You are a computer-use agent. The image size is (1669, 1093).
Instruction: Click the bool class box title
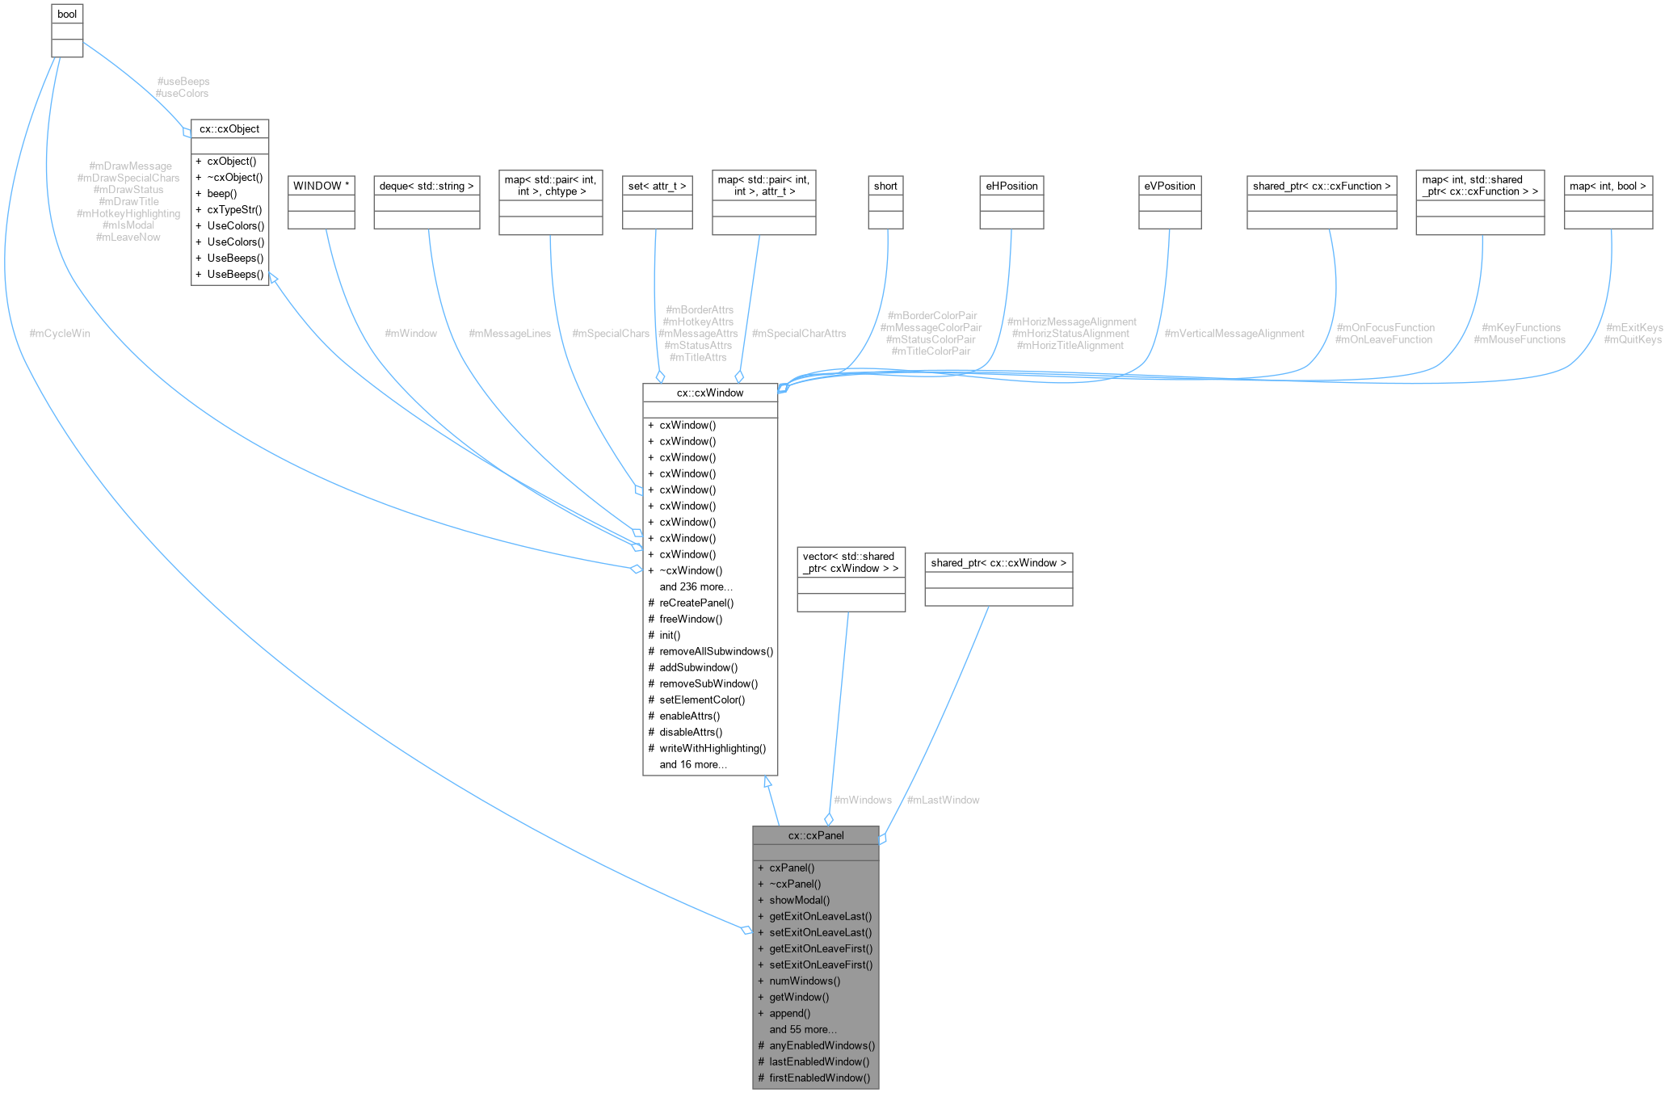tap(67, 15)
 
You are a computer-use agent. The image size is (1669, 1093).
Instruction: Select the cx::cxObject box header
tap(229, 129)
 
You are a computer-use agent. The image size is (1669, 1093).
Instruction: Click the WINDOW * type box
tap(322, 186)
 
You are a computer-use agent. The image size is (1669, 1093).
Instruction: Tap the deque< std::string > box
tap(427, 186)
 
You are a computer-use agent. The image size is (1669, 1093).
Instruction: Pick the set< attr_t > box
tap(657, 186)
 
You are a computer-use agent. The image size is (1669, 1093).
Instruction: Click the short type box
tap(885, 186)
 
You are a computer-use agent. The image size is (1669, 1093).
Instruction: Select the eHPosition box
tap(1011, 186)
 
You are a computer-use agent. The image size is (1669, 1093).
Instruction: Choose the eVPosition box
tap(1169, 186)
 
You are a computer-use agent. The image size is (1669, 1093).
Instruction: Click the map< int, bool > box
tap(1608, 186)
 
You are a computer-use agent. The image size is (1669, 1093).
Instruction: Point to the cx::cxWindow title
tap(710, 393)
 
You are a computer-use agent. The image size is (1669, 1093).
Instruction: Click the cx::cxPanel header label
tap(816, 835)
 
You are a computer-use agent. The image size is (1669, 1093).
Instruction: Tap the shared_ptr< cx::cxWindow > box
tap(998, 563)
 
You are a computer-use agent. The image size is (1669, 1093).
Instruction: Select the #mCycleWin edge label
tap(60, 334)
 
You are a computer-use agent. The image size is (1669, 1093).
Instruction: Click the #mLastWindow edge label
tap(943, 800)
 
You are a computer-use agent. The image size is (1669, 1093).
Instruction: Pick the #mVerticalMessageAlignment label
tap(1234, 334)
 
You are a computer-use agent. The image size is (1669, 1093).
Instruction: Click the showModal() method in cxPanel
tap(799, 900)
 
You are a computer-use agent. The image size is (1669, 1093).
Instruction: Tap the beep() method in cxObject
tap(221, 194)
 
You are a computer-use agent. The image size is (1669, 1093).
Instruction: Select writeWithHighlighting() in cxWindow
tap(713, 748)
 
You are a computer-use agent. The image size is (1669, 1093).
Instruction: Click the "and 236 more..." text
tap(696, 586)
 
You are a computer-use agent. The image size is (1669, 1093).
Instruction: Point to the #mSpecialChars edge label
tap(610, 334)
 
